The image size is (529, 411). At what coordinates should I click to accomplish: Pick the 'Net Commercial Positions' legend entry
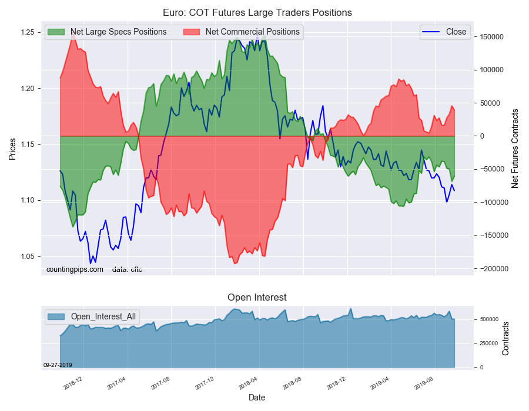(x=252, y=32)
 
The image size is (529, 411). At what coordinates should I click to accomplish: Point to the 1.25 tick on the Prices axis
(x=27, y=32)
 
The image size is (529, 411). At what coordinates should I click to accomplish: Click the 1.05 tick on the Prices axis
(x=27, y=257)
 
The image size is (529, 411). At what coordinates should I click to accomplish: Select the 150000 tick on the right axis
(x=489, y=37)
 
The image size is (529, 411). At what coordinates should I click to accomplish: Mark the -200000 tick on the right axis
(x=489, y=268)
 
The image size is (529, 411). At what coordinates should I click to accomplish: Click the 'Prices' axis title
(x=12, y=149)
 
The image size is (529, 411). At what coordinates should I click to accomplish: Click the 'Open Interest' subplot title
(x=257, y=298)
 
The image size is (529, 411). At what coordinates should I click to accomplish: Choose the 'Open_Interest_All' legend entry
(x=103, y=316)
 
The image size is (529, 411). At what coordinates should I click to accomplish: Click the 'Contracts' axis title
(x=506, y=338)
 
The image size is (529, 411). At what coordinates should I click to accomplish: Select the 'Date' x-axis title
(x=257, y=397)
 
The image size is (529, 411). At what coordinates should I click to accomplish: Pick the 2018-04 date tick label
(x=249, y=383)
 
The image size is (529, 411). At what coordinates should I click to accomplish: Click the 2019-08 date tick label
(x=425, y=383)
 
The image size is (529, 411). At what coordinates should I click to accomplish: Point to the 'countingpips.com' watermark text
(x=75, y=269)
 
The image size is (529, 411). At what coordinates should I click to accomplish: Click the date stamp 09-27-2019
(x=58, y=365)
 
